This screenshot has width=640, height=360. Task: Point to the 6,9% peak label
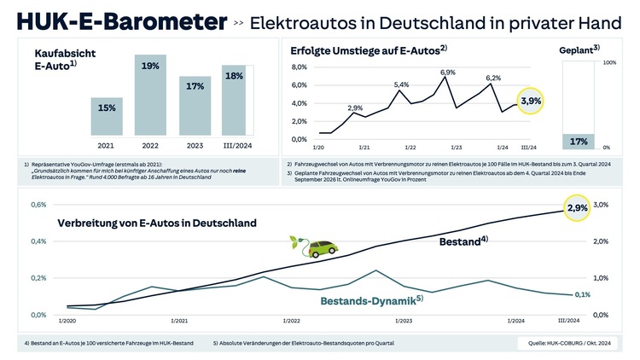pyautogui.click(x=448, y=73)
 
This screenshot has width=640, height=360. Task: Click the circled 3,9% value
pyautogui.click(x=532, y=101)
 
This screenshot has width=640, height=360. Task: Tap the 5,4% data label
pyautogui.click(x=402, y=84)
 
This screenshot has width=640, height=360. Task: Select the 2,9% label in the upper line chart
pyautogui.click(x=355, y=107)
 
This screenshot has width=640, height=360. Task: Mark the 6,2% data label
pyautogui.click(x=493, y=78)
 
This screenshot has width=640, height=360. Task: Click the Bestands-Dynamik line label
pyautogui.click(x=370, y=300)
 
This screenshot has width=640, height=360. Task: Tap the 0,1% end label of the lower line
pyautogui.click(x=582, y=294)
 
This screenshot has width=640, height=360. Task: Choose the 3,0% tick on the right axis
pyautogui.click(x=601, y=206)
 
